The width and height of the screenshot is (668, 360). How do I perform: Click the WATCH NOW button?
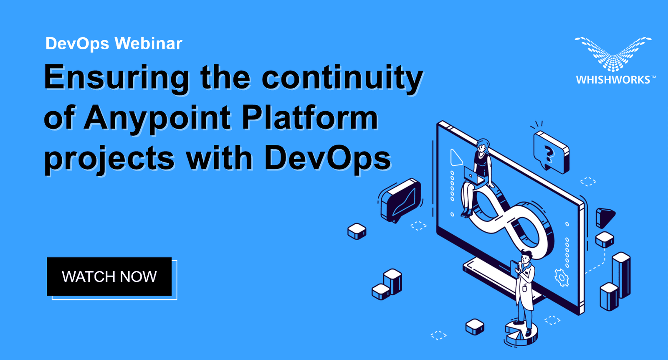[x=109, y=276]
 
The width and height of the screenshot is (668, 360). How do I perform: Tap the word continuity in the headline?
[x=342, y=78]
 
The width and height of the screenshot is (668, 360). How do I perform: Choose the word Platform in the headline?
[x=310, y=117]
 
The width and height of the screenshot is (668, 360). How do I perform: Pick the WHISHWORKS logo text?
[x=613, y=80]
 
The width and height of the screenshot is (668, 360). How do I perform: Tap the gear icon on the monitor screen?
[x=562, y=278]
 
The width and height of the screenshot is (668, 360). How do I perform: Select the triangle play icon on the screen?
[x=455, y=158]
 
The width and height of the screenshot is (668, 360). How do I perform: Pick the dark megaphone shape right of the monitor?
[x=604, y=216]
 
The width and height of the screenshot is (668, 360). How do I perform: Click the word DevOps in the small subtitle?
[x=77, y=44]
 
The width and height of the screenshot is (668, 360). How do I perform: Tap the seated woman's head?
[x=483, y=146]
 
